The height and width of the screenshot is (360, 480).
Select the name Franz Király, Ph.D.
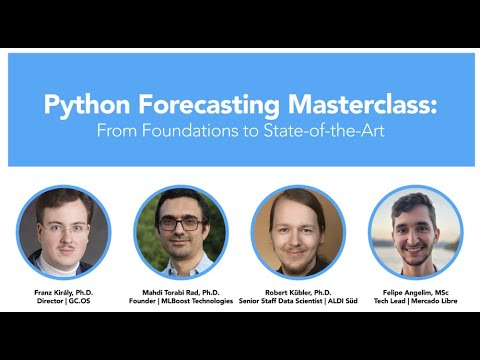click(64, 292)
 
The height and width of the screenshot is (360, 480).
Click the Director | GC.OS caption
click(64, 301)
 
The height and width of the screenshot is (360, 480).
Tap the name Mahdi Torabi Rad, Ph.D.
click(181, 292)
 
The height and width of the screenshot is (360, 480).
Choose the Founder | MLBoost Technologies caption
click(181, 301)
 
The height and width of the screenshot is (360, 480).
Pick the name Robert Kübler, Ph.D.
click(297, 292)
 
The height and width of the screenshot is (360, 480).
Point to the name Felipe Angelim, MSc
click(414, 292)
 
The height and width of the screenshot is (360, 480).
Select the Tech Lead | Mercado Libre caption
click(414, 301)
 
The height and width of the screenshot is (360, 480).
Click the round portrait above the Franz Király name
click(64, 233)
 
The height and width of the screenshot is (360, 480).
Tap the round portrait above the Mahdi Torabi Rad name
click(181, 233)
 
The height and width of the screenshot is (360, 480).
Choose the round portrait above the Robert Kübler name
click(297, 233)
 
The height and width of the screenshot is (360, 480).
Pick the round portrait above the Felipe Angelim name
click(414, 233)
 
